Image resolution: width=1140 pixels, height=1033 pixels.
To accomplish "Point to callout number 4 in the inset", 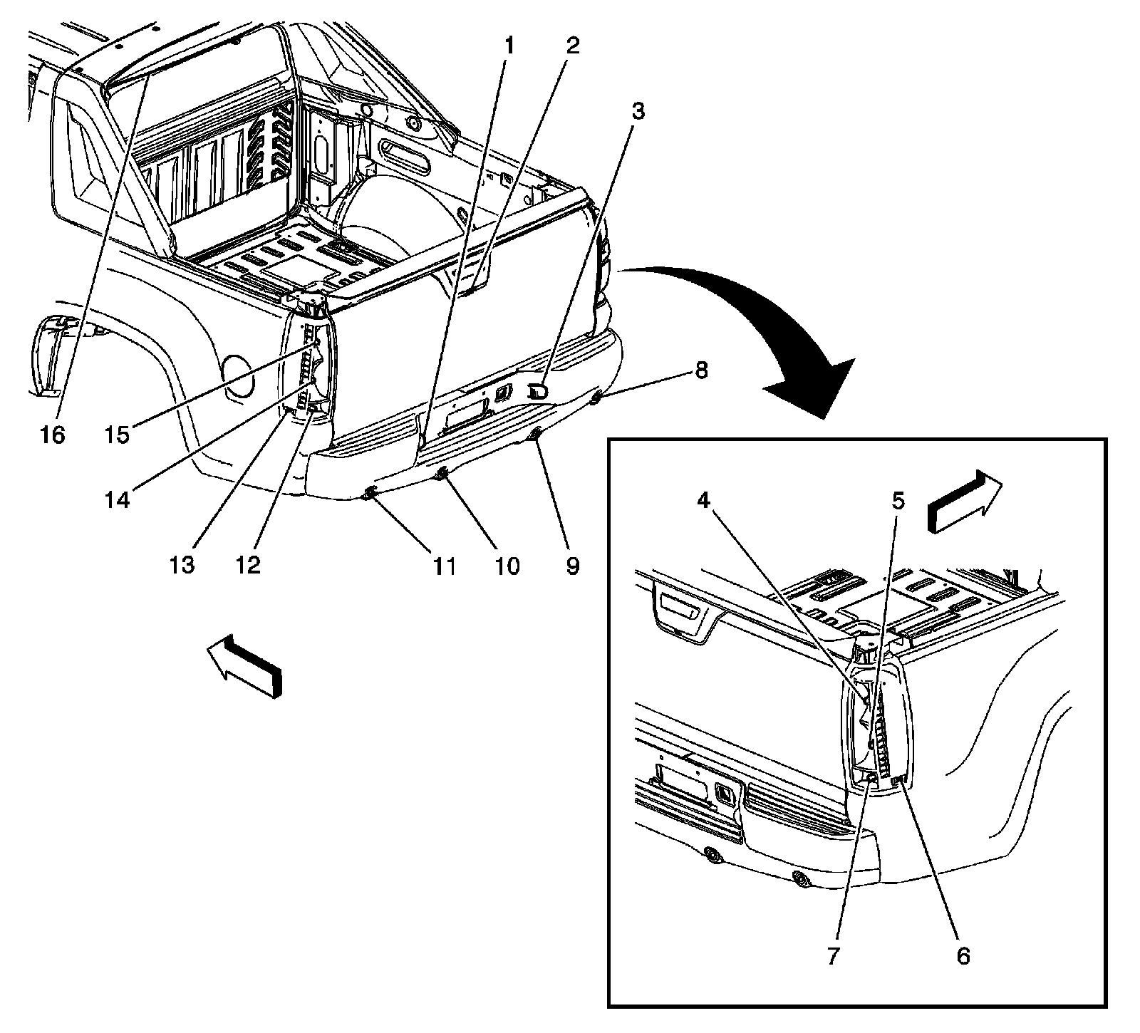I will tap(703, 501).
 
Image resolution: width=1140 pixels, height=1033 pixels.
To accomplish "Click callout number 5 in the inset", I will tap(898, 501).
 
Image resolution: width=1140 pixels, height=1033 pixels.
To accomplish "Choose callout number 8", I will tap(701, 370).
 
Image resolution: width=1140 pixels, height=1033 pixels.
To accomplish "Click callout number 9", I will tap(572, 566).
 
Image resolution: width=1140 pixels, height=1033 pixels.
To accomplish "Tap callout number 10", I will tap(509, 566).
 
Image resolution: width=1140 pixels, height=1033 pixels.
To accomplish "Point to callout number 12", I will tap(249, 564).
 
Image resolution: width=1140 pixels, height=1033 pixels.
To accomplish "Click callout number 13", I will tap(182, 564).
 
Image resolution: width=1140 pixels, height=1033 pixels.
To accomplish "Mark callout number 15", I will tap(118, 434).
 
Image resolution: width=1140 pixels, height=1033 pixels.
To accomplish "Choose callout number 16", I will tap(53, 434).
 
